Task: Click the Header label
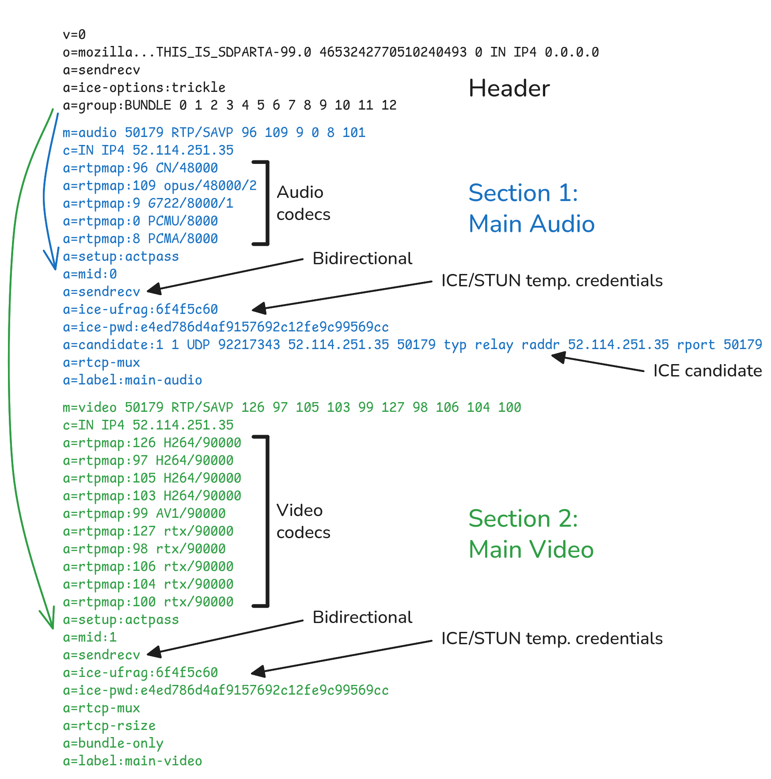(x=509, y=88)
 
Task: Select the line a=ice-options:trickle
(x=144, y=87)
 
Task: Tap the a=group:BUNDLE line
(x=229, y=105)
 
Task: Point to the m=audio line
(x=214, y=133)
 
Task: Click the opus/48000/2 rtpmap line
(x=160, y=186)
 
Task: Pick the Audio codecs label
(x=303, y=203)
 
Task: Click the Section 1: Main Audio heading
(x=531, y=208)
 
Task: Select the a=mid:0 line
(x=90, y=274)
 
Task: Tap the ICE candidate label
(x=707, y=371)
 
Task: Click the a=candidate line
(x=412, y=345)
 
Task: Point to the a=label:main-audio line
(x=132, y=380)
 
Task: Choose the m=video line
(x=292, y=407)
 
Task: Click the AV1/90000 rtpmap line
(x=144, y=513)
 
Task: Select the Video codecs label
(x=303, y=521)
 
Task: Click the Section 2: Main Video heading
(x=531, y=534)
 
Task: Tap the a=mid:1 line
(x=90, y=637)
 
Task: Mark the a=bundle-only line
(x=113, y=743)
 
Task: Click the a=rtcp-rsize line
(x=109, y=726)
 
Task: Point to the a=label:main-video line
(x=132, y=761)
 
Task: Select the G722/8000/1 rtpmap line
(x=148, y=203)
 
